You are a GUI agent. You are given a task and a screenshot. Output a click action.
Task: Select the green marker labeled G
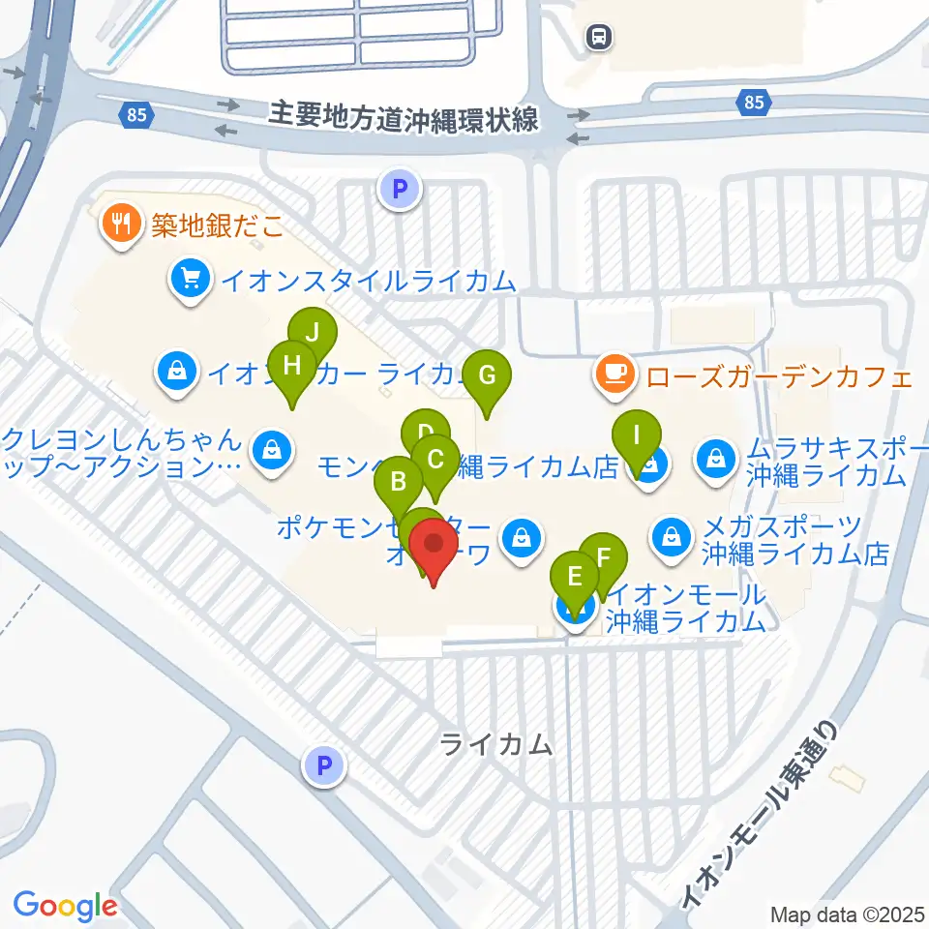tap(487, 375)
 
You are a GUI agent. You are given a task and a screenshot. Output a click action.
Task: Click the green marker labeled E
tap(575, 578)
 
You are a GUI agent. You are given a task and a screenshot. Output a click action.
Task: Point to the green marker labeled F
tap(603, 558)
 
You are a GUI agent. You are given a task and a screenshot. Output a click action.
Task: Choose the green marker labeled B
tap(398, 481)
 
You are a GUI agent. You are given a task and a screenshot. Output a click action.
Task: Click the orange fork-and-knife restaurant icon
tap(121, 225)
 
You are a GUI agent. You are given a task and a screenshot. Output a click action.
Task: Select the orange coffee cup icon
tap(614, 375)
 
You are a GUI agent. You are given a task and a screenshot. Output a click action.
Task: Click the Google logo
tap(65, 906)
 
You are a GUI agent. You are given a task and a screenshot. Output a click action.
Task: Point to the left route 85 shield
tap(136, 115)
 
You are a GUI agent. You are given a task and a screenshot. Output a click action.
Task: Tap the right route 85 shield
tap(754, 101)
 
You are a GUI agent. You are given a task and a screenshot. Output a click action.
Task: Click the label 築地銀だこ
tap(217, 225)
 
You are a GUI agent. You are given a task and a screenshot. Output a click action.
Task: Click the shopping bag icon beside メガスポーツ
tap(670, 533)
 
